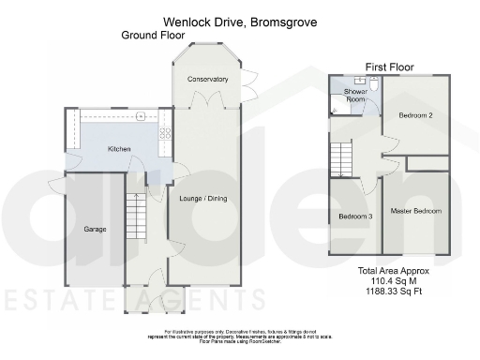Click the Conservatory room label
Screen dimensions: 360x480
coord(207,80)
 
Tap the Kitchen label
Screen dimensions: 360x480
coord(119,149)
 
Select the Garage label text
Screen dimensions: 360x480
coord(95,229)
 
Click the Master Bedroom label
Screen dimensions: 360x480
coord(415,211)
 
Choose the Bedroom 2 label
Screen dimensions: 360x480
coord(414,116)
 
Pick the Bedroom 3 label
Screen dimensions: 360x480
coord(355,217)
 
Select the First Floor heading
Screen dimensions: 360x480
coord(388,66)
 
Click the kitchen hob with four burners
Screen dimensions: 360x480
coord(166,132)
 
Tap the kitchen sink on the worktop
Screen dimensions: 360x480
coord(141,116)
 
